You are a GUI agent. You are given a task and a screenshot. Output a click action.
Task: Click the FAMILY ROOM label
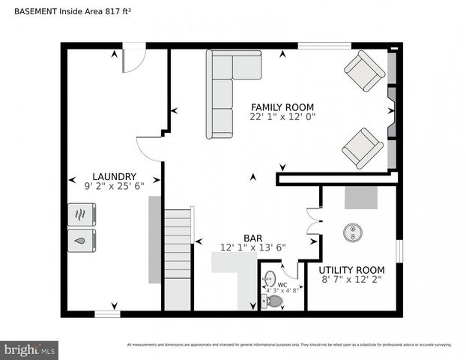coord(282,107)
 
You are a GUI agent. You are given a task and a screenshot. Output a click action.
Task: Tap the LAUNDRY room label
coord(114,177)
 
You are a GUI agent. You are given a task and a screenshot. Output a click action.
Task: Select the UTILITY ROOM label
coord(351,269)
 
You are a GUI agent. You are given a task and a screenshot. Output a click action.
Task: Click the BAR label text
coord(252,237)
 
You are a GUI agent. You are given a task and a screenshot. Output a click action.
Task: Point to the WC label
coord(282,284)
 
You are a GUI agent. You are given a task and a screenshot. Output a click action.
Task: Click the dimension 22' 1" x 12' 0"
coord(282,118)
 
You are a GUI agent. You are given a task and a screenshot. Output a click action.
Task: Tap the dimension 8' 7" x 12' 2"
coord(351,279)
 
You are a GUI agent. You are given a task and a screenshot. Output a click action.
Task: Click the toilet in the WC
coord(274,301)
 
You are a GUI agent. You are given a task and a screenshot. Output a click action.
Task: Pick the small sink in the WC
coord(267,281)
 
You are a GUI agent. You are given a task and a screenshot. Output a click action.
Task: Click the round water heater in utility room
coord(352,232)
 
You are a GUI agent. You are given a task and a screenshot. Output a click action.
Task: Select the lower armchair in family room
coord(363,148)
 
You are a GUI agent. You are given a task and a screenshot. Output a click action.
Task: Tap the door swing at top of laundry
coord(132,60)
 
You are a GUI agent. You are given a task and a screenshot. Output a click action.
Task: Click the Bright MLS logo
coord(30,349)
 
